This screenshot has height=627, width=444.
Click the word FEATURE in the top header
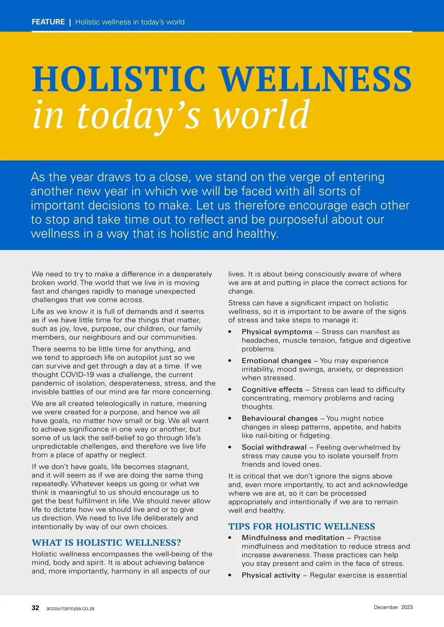tap(48, 22)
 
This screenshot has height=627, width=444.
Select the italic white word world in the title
tap(261, 115)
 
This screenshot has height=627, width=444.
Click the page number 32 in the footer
tap(35, 608)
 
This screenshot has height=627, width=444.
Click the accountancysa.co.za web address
tap(70, 608)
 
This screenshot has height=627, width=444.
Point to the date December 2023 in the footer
tap(393, 607)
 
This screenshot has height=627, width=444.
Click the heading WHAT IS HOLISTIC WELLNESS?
tap(106, 542)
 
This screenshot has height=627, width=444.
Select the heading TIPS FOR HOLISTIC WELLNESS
tap(302, 526)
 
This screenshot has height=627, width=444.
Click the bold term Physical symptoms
tap(277, 332)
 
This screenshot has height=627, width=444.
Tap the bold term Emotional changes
tap(276, 360)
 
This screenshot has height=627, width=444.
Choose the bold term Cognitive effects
tap(272, 389)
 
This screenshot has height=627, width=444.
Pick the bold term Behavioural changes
tap(280, 418)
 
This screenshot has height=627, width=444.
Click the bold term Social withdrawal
tap(274, 447)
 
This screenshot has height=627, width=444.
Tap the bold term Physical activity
tap(271, 575)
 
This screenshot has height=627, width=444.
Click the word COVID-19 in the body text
tap(77, 374)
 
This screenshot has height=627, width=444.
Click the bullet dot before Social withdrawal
tap(230, 447)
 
